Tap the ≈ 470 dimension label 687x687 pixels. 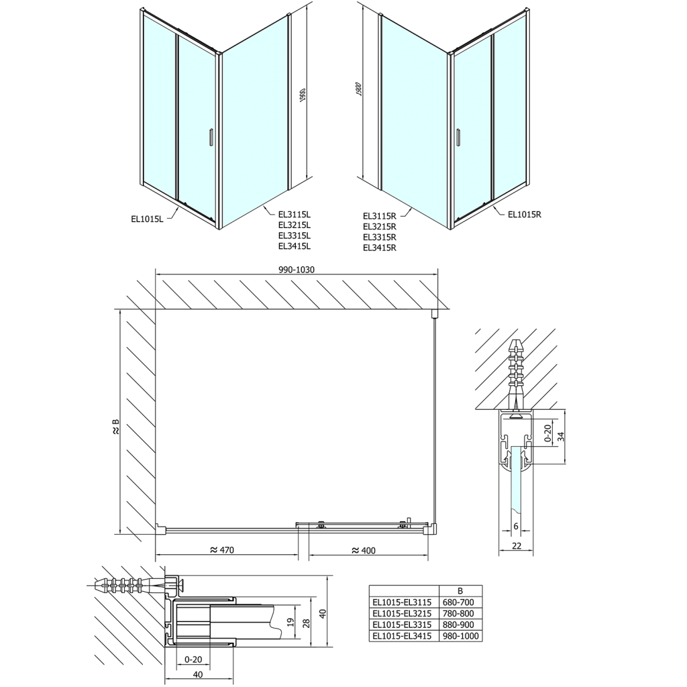(221, 550)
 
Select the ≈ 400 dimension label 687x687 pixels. (364, 550)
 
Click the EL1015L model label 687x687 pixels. (148, 217)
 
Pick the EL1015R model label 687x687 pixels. (524, 215)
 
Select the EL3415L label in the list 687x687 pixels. (295, 246)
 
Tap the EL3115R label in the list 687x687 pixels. (380, 216)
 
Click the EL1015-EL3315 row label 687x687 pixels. (403, 625)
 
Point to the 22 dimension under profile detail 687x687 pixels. (516, 546)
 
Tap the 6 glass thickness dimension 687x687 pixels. (515, 526)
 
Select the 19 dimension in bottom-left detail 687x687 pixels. (289, 622)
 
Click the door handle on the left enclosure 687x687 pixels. (211, 137)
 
